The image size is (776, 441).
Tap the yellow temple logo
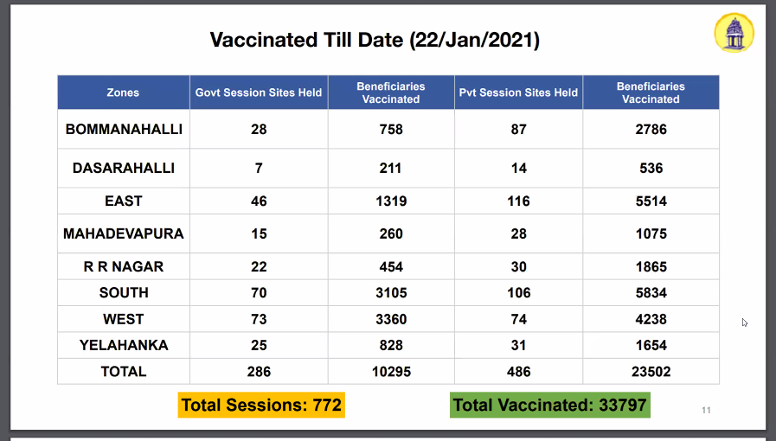click(734, 33)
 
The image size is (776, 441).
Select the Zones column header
click(123, 93)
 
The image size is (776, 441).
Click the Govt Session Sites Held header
click(259, 93)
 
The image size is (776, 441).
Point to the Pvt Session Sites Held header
click(518, 93)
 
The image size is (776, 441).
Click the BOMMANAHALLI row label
click(124, 129)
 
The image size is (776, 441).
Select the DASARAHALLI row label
click(124, 168)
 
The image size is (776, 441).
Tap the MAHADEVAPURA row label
click(124, 233)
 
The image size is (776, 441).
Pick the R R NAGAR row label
click(124, 266)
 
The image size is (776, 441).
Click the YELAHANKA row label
click(124, 345)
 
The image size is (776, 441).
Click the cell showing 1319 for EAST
click(391, 201)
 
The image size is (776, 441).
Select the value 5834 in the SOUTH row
click(651, 292)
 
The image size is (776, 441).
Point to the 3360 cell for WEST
click(391, 319)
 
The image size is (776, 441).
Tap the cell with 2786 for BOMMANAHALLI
click(651, 129)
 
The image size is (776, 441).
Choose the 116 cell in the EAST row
click(518, 201)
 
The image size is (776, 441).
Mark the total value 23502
click(651, 371)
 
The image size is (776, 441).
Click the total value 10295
click(391, 371)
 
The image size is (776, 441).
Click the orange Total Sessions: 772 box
click(261, 405)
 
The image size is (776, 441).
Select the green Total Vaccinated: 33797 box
click(550, 405)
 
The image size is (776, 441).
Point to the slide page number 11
click(706, 410)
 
